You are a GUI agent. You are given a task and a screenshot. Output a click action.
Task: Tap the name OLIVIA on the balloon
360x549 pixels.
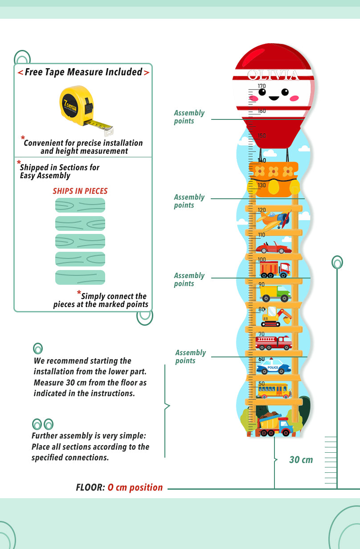pyautogui.click(x=274, y=75)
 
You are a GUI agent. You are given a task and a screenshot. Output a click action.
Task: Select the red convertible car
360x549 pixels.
pyautogui.click(x=273, y=247)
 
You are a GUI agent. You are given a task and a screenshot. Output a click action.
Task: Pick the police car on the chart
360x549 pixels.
pyautogui.click(x=273, y=367)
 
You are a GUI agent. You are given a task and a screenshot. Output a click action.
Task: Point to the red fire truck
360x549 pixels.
pyautogui.click(x=273, y=342)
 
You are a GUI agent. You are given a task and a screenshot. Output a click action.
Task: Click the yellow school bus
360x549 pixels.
pyautogui.click(x=273, y=391)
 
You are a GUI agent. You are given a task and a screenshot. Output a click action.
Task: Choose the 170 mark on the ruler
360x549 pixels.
pyautogui.click(x=262, y=86)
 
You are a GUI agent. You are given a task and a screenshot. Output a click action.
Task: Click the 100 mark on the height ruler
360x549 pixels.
pyautogui.click(x=262, y=260)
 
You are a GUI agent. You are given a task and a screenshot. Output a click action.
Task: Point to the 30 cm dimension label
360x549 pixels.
pyautogui.click(x=301, y=460)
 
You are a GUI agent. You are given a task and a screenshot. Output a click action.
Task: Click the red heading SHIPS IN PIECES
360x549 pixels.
pyautogui.click(x=80, y=191)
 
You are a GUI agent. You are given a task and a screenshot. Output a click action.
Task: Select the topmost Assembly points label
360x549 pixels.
pyautogui.click(x=189, y=117)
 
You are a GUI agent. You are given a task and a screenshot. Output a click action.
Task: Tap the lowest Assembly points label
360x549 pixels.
pyautogui.click(x=190, y=356)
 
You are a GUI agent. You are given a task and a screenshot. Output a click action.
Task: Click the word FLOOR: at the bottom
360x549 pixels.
pyautogui.click(x=90, y=488)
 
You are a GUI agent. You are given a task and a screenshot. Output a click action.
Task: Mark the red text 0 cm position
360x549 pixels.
pyautogui.click(x=135, y=488)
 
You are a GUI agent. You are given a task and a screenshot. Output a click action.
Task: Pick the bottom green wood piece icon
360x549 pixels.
pyautogui.click(x=80, y=277)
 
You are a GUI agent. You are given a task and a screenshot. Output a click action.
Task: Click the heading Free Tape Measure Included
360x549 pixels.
pyautogui.click(x=83, y=72)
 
